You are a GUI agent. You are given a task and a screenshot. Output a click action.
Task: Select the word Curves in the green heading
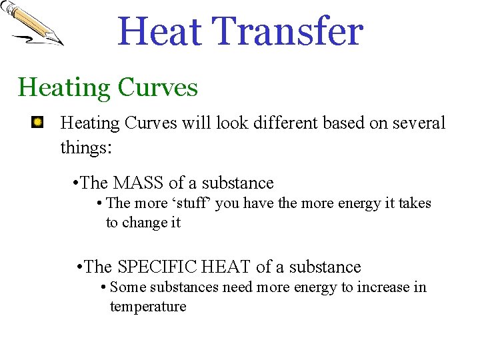point(157,87)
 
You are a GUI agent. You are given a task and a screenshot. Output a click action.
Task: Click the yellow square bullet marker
point(39,122)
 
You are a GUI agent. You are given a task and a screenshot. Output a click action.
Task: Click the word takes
point(415,203)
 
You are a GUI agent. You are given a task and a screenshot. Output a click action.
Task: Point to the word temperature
point(148,307)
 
